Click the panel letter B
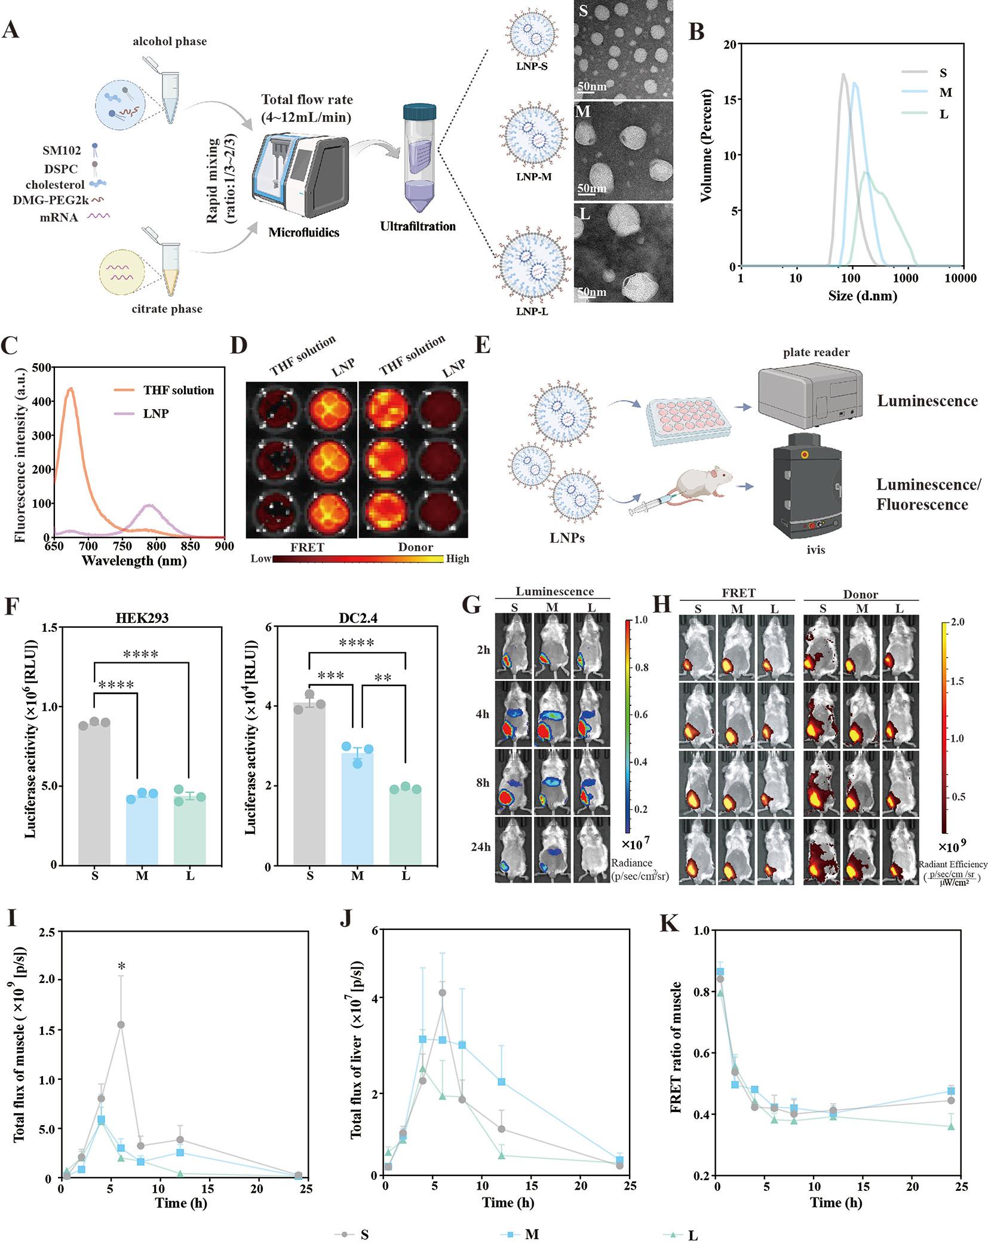696,31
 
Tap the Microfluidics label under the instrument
303,232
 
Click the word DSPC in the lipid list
61,169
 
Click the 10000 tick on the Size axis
961,278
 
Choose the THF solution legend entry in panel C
178,391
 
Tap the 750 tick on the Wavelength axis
123,546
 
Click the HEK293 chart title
142,618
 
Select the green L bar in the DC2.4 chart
406,827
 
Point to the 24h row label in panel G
480,847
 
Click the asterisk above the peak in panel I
121,966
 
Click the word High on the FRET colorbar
458,559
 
